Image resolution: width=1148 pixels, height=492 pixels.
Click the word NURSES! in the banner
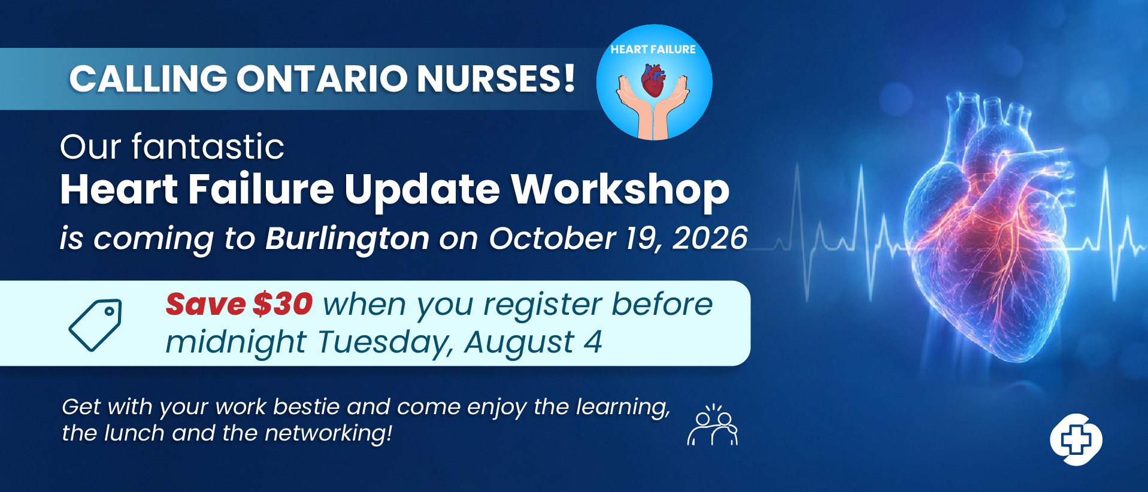pyautogui.click(x=496, y=78)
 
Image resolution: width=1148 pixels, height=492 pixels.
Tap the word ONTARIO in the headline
pyautogui.click(x=322, y=78)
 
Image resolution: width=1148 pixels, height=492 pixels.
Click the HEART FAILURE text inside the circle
pyautogui.click(x=653, y=50)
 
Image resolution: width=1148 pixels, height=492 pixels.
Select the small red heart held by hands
pyautogui.click(x=653, y=81)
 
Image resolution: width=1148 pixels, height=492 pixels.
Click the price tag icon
pyautogui.click(x=96, y=324)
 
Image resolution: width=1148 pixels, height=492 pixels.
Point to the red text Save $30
pyautogui.click(x=239, y=304)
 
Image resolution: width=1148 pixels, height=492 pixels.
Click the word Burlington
pyautogui.click(x=347, y=239)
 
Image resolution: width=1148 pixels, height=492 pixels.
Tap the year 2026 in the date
pyautogui.click(x=710, y=238)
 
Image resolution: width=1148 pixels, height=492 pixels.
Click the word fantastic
pyautogui.click(x=208, y=147)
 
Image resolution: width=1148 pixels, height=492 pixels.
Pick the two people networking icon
pyautogui.click(x=713, y=425)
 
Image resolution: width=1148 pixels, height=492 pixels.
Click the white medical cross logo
pyautogui.click(x=1076, y=440)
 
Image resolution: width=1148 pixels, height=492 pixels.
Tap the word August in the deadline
pyautogui.click(x=519, y=343)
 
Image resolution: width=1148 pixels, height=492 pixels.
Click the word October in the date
pyautogui.click(x=552, y=238)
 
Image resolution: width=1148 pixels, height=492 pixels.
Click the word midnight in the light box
pyautogui.click(x=236, y=343)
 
